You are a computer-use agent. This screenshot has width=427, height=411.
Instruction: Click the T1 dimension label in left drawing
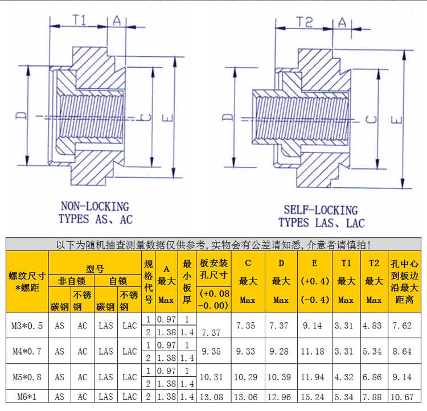point(79,20)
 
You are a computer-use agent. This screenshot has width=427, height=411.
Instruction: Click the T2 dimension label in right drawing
point(305,22)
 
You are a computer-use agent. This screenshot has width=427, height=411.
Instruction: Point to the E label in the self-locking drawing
point(396,120)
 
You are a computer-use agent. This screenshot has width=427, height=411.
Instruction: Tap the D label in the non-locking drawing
point(21,116)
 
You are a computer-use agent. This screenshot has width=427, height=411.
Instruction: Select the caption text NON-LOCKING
point(95,207)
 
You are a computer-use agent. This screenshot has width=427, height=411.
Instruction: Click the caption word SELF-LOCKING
point(321,210)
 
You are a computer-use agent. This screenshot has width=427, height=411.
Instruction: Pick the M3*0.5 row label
point(27,326)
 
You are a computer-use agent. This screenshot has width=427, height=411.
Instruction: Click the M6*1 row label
point(27,397)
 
